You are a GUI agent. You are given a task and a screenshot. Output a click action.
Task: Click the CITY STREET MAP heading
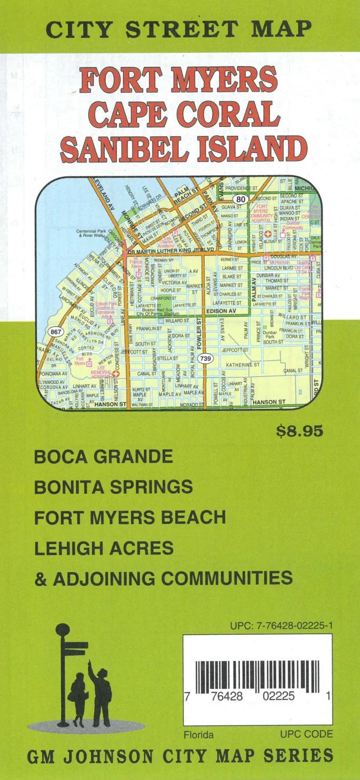[178, 29]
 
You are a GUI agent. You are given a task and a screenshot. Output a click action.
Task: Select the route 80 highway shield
[241, 199]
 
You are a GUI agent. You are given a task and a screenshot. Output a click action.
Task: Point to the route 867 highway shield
[55, 332]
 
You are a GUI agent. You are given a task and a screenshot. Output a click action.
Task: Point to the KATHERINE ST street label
[243, 364]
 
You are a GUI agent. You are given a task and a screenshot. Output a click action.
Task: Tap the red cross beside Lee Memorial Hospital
[116, 374]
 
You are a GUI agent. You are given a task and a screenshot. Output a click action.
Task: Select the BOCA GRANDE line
[103, 456]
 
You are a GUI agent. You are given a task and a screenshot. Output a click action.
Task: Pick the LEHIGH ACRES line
[104, 548]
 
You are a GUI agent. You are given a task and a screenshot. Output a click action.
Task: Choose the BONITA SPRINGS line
[113, 487]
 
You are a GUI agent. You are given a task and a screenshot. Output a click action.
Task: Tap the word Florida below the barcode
[198, 734]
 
